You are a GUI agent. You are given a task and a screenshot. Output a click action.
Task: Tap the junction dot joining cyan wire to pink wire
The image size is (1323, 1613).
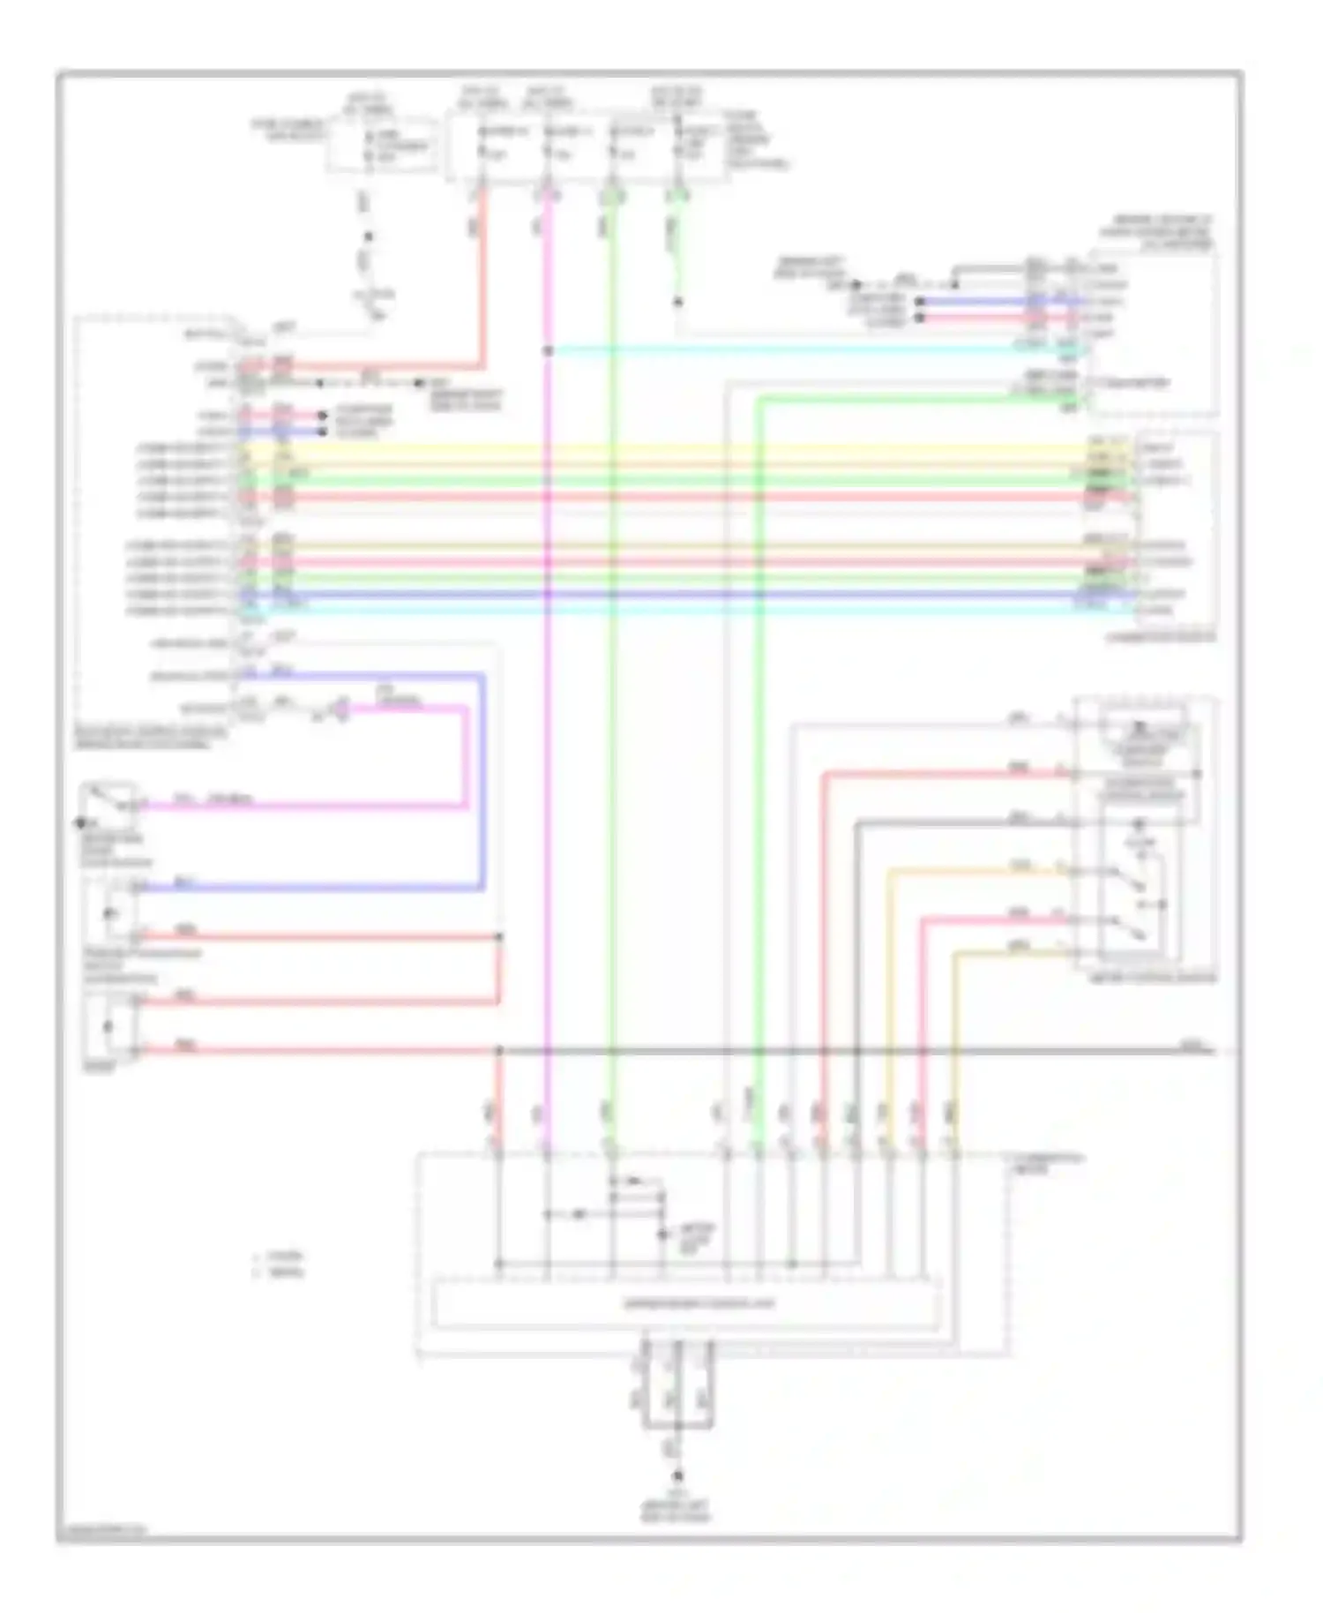click(548, 350)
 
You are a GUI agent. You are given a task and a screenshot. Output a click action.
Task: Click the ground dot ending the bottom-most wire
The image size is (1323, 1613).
click(677, 1475)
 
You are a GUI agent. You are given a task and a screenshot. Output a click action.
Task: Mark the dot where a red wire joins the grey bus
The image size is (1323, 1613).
click(498, 1051)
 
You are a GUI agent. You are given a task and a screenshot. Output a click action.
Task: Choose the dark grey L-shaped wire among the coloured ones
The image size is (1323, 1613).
click(856, 882)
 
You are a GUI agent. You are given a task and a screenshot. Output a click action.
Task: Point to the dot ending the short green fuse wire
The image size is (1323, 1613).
click(677, 303)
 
